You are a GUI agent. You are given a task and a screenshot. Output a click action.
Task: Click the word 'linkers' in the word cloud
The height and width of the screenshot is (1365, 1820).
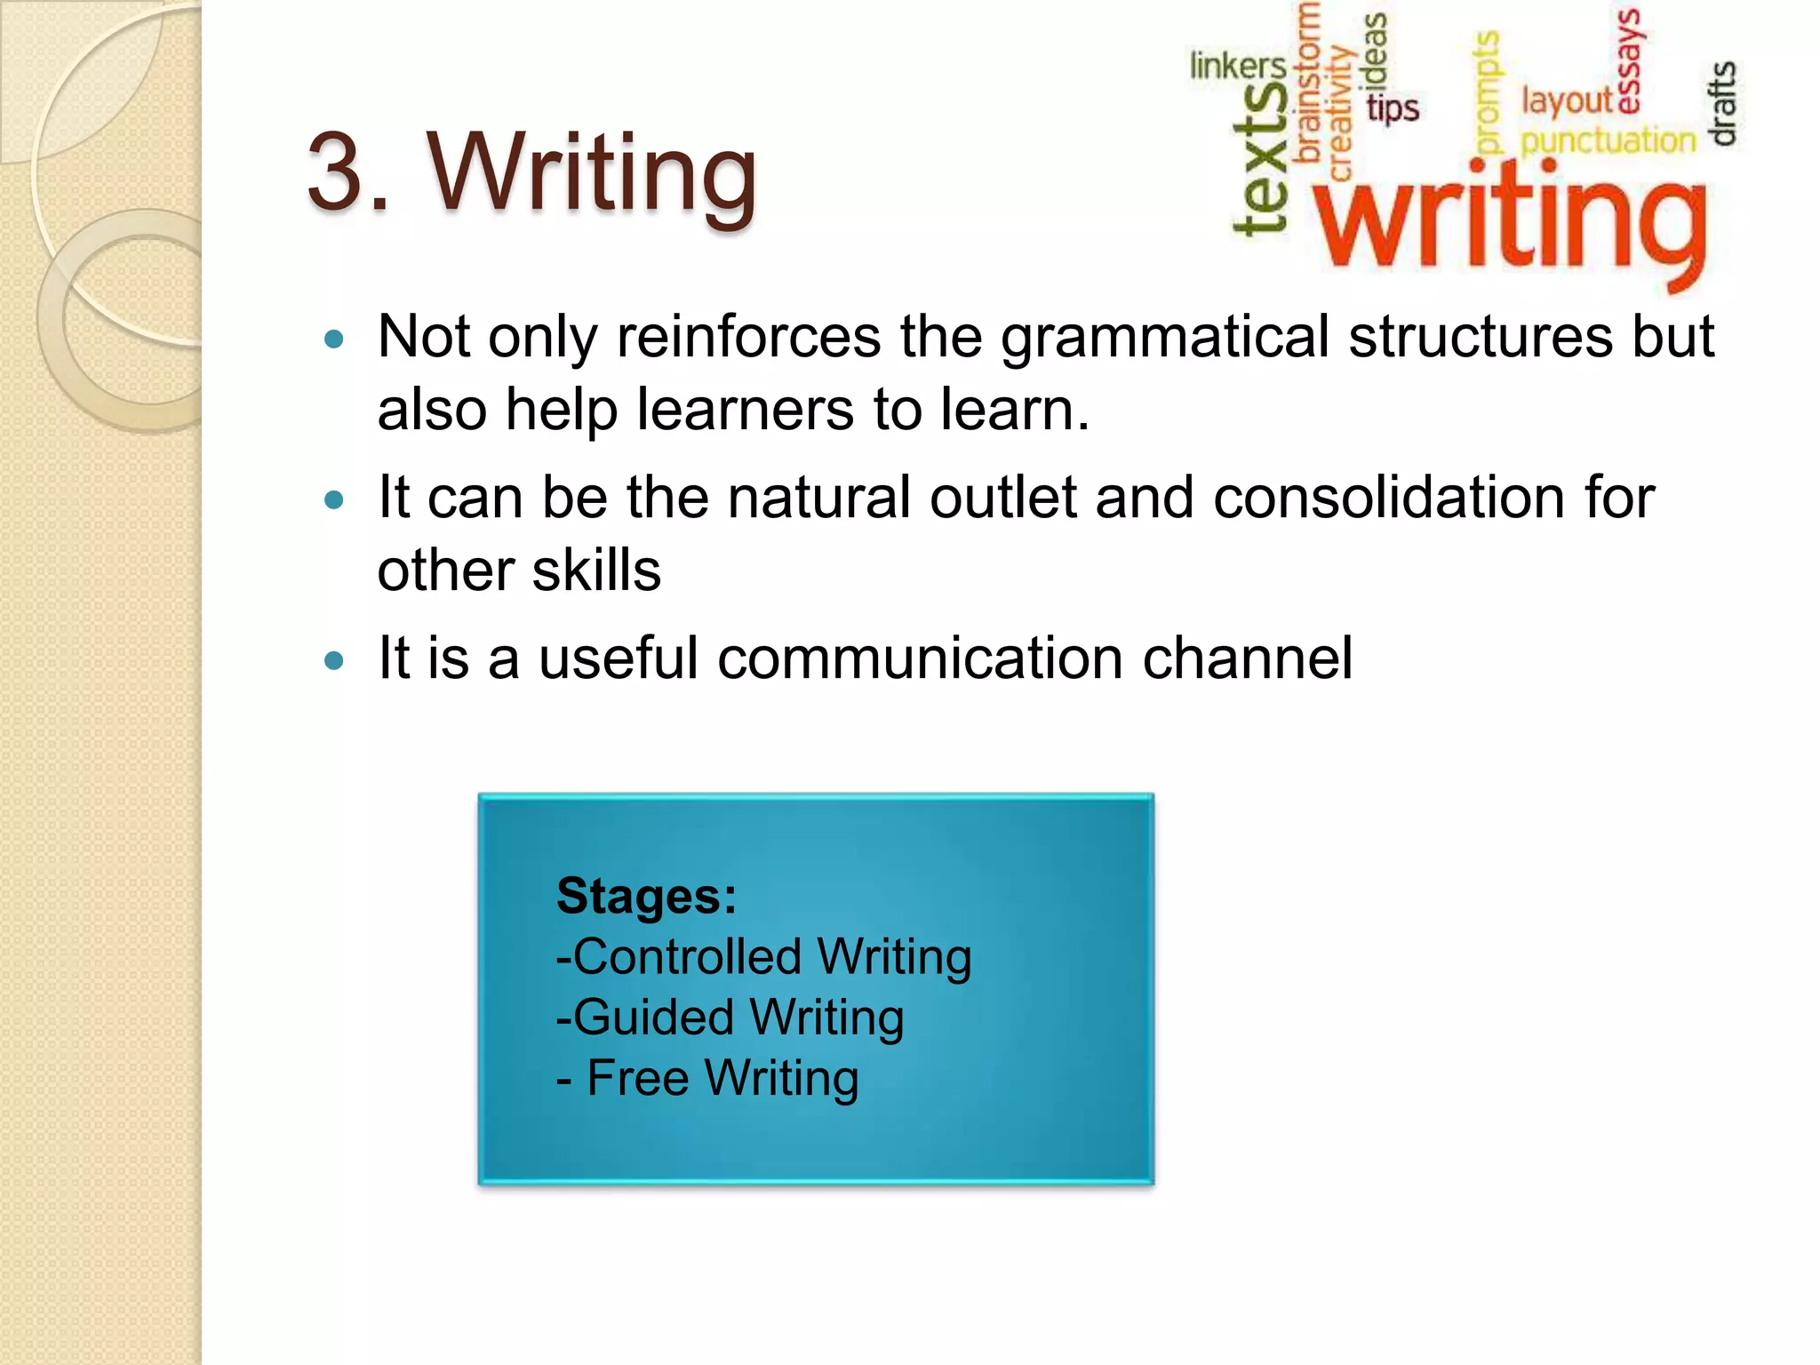[x=1237, y=66]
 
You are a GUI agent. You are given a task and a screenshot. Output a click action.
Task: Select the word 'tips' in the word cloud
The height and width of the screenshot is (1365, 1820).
[x=1392, y=108]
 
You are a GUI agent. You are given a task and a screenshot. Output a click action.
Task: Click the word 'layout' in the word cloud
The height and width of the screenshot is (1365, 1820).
[x=1567, y=100]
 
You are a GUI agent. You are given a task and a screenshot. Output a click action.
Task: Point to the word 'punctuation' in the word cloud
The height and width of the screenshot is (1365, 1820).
[x=1608, y=140]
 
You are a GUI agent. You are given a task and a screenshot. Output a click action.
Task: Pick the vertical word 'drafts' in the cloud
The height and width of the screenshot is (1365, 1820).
[x=1722, y=103]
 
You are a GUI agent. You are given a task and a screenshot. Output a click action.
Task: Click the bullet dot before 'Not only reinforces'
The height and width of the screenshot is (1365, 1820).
[x=334, y=339]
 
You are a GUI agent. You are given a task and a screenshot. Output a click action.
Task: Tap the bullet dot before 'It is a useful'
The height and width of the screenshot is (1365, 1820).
[x=334, y=660]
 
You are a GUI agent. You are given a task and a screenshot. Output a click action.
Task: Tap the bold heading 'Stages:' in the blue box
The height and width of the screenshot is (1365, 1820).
[x=646, y=896]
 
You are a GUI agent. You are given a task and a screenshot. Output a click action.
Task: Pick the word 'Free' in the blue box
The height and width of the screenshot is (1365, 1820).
[x=637, y=1078]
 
